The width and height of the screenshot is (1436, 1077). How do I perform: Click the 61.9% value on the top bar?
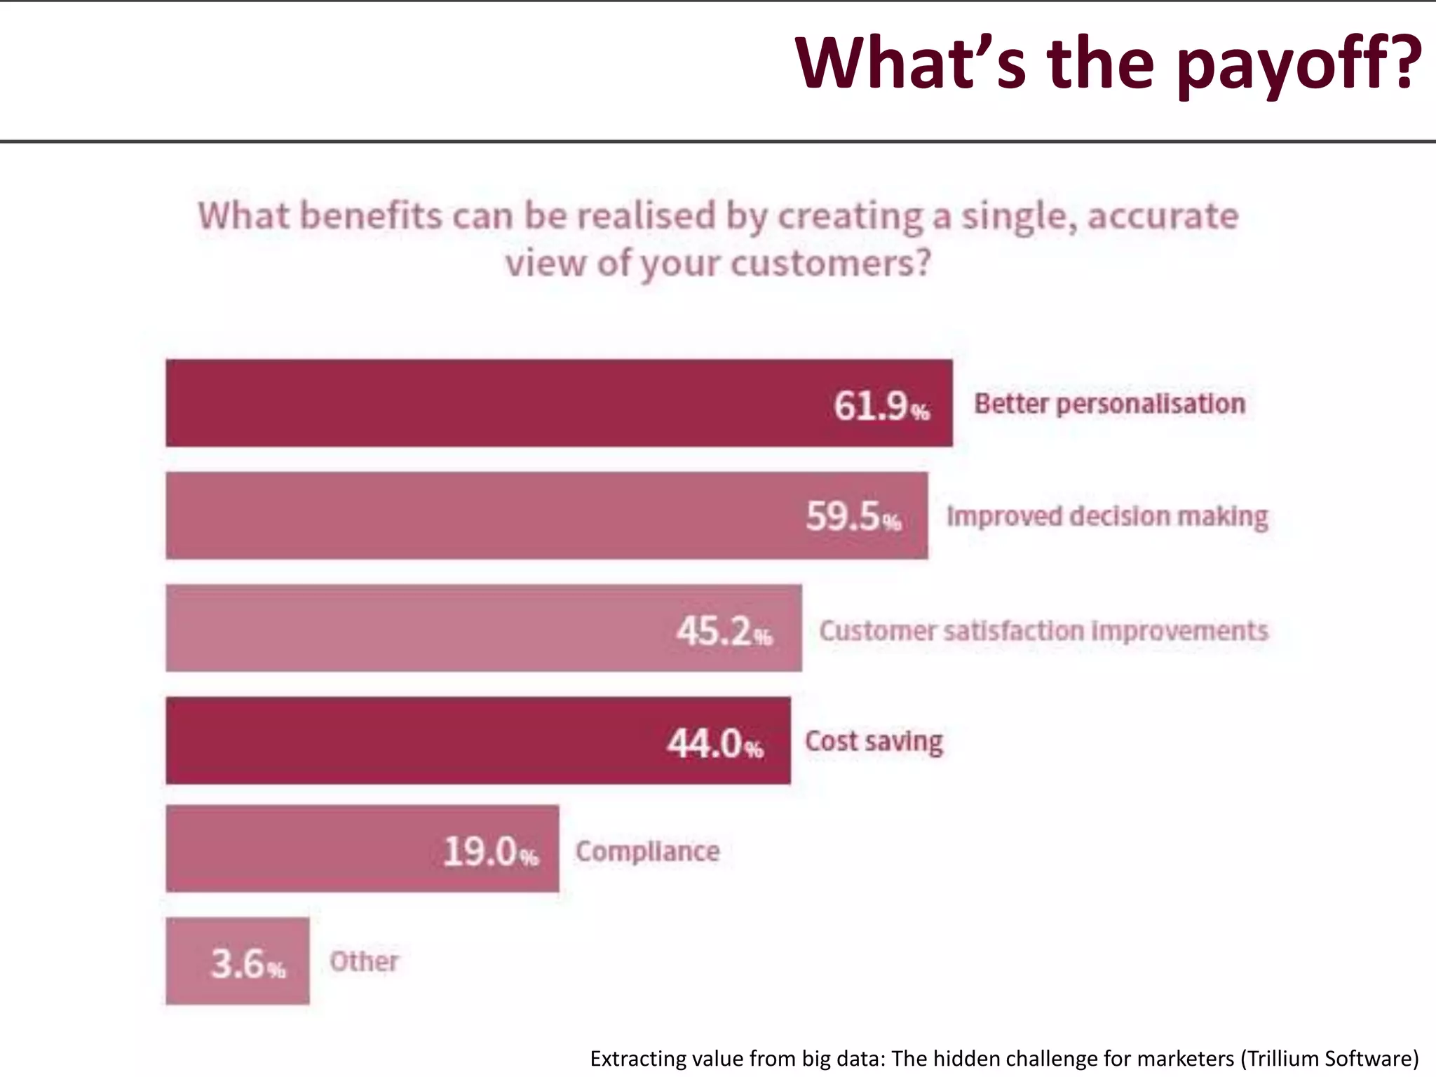click(x=881, y=406)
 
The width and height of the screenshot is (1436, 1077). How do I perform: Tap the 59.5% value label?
click(x=853, y=517)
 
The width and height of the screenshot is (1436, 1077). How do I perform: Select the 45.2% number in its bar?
click(x=724, y=630)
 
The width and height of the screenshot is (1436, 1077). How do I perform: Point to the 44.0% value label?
click(x=714, y=743)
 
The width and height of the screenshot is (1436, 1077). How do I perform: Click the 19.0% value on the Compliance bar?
click(x=490, y=852)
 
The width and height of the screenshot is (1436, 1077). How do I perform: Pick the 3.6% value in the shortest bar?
click(x=248, y=964)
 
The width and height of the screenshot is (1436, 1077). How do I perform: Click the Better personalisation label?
click(x=1109, y=404)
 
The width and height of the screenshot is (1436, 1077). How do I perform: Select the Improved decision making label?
click(x=1107, y=517)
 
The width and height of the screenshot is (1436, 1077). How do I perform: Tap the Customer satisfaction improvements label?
click(x=1043, y=630)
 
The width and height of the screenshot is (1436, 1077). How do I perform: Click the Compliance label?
click(x=647, y=851)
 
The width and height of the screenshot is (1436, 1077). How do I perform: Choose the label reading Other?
click(x=364, y=961)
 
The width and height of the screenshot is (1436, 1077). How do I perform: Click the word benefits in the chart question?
click(x=371, y=215)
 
